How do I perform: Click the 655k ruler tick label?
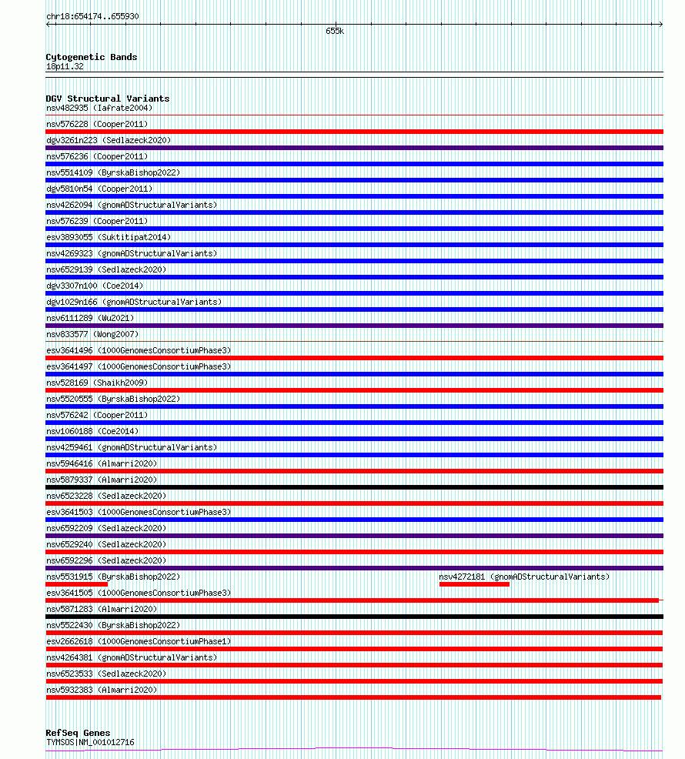click(335, 32)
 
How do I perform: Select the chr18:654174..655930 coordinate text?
click(92, 16)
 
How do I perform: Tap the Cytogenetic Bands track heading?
click(91, 57)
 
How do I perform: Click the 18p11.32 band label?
click(65, 66)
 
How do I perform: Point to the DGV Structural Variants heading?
click(107, 99)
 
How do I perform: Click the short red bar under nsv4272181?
click(474, 584)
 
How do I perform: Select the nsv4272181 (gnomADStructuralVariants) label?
click(523, 577)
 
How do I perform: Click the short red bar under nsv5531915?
click(76, 584)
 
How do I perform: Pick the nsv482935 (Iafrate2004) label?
click(99, 108)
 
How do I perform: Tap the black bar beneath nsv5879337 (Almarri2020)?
click(354, 487)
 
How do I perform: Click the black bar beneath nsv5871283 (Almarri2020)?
click(354, 617)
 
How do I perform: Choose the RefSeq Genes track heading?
click(78, 733)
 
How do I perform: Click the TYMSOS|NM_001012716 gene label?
click(90, 742)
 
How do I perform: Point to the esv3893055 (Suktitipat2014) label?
click(109, 237)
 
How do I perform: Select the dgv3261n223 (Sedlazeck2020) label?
click(109, 140)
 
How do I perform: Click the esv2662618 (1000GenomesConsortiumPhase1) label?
click(138, 641)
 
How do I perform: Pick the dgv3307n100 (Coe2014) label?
click(95, 286)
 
